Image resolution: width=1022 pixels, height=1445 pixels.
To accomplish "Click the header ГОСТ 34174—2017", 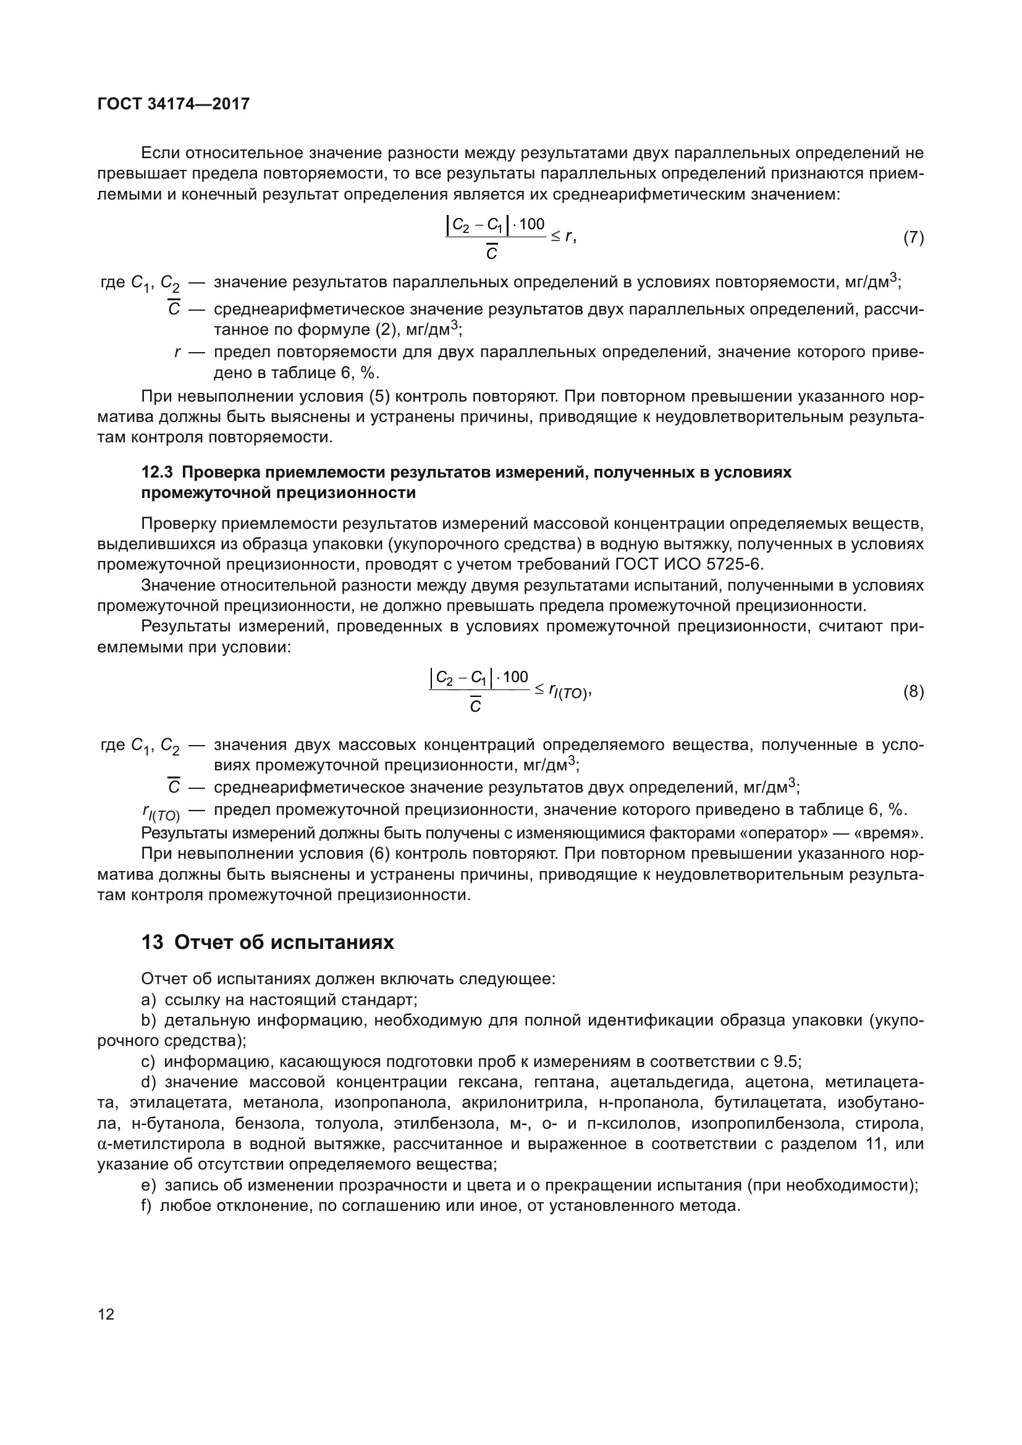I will pos(174,104).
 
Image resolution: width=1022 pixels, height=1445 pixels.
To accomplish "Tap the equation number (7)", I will pos(913,238).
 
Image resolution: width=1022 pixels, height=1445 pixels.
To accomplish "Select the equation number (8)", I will pos(913,693).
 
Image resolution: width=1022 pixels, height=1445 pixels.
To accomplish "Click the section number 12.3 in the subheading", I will pos(158,472).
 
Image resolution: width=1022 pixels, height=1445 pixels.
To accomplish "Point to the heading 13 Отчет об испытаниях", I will pos(268,942).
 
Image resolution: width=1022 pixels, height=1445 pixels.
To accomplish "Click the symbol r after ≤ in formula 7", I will pos(568,236).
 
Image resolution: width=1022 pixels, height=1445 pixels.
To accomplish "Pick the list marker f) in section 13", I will pos(146,1206).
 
